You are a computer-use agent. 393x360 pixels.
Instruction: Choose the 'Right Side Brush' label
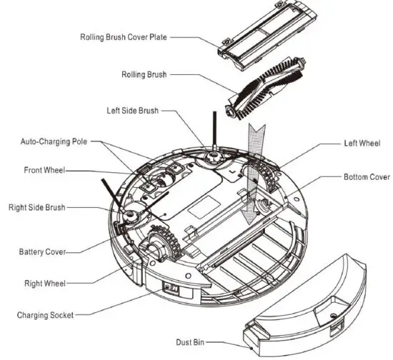pyautogui.click(x=37, y=207)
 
